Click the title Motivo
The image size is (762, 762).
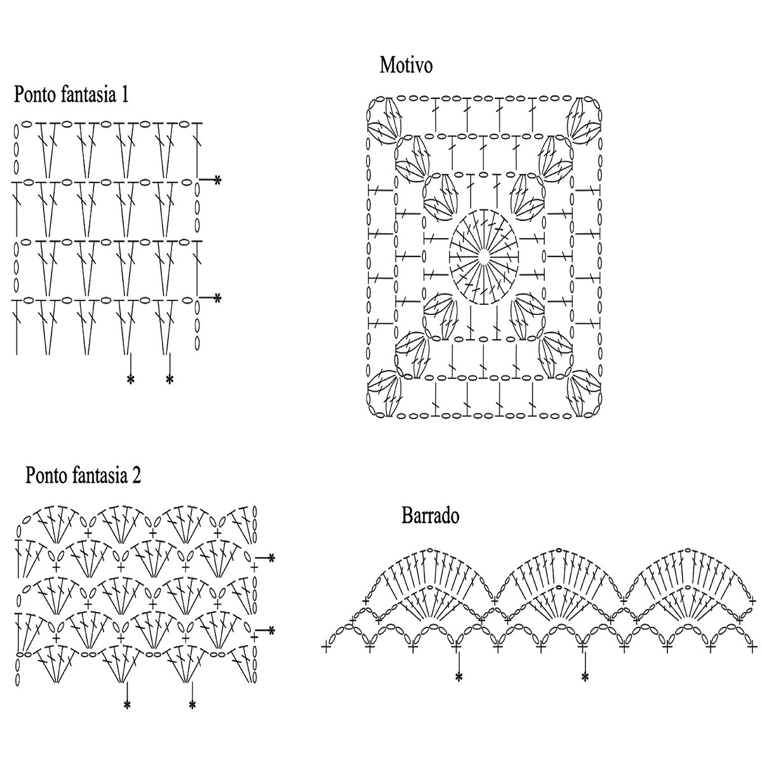pos(406,65)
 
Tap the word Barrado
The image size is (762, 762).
pos(430,516)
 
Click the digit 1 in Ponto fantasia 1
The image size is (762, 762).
pos(124,95)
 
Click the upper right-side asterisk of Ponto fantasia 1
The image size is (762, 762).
pos(217,181)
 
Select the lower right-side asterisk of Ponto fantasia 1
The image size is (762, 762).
pos(217,297)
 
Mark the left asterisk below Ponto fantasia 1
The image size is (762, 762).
pos(131,380)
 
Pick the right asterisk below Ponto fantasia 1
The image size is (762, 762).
pos(170,380)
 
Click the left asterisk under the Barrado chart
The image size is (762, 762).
pos(458,678)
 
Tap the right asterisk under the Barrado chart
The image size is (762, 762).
pos(585,678)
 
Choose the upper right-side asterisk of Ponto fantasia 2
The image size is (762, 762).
pos(271,558)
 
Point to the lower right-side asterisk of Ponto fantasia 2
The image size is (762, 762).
pos(271,631)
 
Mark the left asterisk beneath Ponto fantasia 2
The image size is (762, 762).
pos(127,705)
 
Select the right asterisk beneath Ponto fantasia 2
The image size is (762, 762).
pos(192,705)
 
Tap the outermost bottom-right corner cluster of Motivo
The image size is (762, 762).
pos(585,394)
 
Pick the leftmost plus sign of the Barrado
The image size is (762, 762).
pos(327,648)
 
